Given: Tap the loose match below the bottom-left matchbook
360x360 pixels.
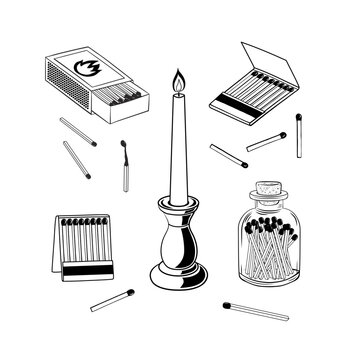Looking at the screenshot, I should pos(112,300).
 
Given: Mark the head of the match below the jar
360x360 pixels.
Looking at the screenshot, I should pos(228,303).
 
